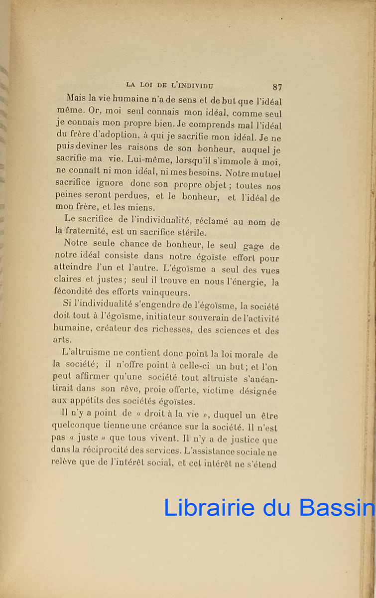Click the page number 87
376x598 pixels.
coord(277,87)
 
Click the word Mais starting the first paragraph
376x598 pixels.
coord(77,99)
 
